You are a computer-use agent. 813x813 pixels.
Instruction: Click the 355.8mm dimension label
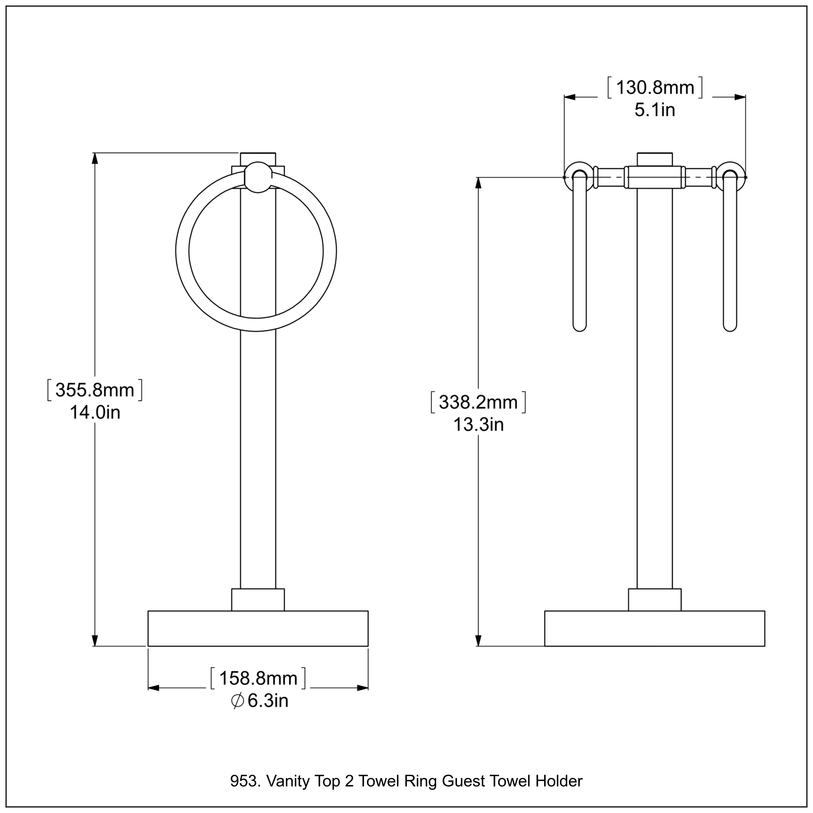tap(95, 390)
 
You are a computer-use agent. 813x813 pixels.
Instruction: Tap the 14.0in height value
tap(95, 412)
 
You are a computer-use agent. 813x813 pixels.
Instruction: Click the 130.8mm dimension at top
tap(655, 88)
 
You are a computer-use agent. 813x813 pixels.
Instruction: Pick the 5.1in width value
tap(655, 110)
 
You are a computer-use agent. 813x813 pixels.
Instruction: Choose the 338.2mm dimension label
tap(478, 402)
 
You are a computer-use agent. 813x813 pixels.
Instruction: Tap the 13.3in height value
tap(478, 425)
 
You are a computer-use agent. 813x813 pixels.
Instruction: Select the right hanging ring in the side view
tap(730, 253)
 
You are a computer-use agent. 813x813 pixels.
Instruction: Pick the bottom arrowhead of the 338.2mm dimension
tap(478, 640)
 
